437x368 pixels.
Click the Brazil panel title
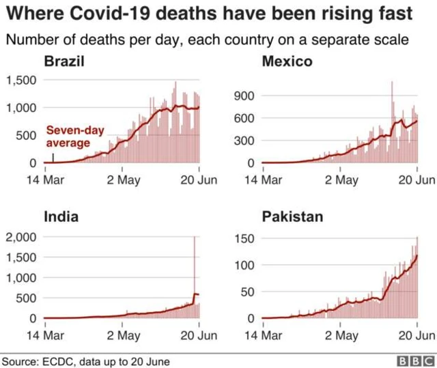click(64, 61)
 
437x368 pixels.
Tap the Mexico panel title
click(287, 61)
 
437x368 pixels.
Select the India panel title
click(61, 216)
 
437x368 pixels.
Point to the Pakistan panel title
click(293, 216)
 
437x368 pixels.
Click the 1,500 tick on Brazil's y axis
click(21, 81)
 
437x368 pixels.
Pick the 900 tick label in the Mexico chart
click(244, 96)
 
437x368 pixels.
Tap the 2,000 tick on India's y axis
click(21, 238)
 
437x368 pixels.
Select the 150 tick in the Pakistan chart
click(244, 239)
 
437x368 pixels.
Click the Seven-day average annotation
click(75, 137)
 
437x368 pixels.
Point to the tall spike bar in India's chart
click(194, 277)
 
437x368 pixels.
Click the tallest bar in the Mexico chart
click(392, 122)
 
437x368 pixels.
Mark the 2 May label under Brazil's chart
click(124, 180)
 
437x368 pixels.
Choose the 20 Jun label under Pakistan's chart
click(417, 335)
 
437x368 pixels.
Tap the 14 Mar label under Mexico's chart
click(264, 180)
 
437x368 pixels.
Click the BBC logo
click(416, 361)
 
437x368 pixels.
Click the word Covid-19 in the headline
click(110, 14)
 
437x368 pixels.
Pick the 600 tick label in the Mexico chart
click(244, 118)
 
